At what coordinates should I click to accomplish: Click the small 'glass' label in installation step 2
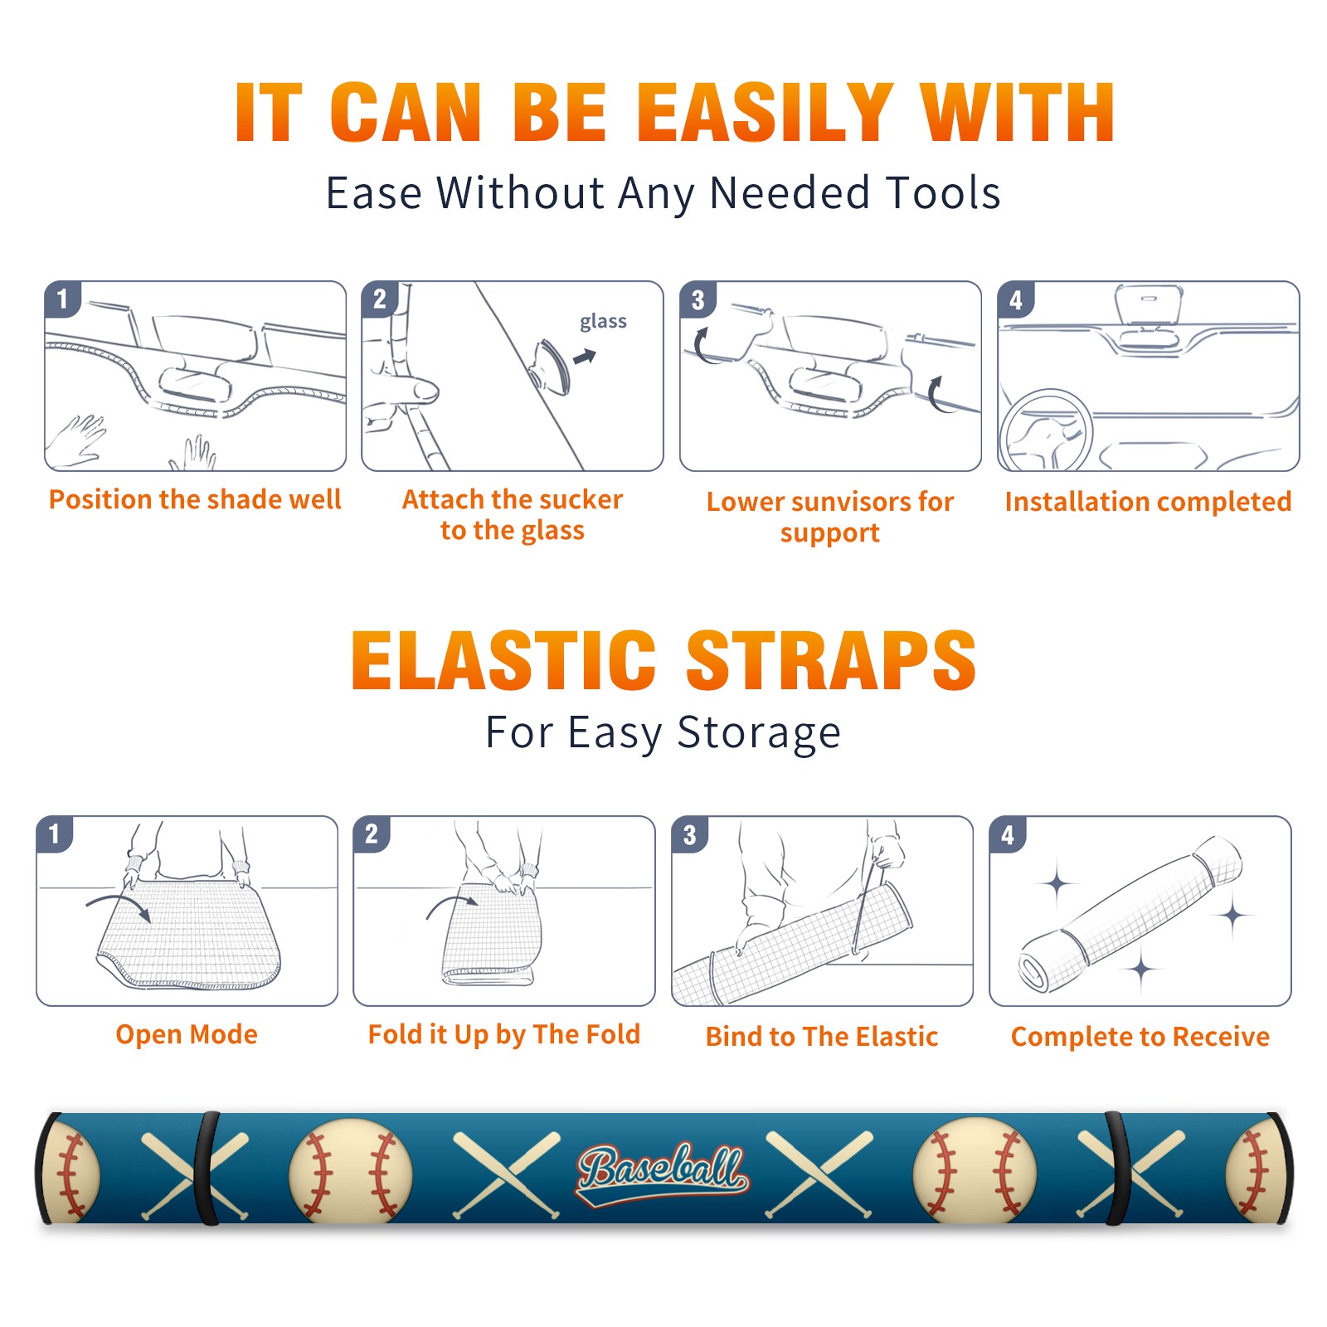pyautogui.click(x=603, y=322)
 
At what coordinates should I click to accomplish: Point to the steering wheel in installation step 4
pyautogui.click(x=1046, y=430)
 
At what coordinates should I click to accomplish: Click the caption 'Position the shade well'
pyautogui.click(x=195, y=499)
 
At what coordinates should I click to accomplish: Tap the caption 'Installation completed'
pyautogui.click(x=1148, y=502)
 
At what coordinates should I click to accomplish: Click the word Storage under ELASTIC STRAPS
pyautogui.click(x=759, y=733)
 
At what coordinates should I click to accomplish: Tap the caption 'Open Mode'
pyautogui.click(x=187, y=1034)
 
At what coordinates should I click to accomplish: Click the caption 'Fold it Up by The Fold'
pyautogui.click(x=504, y=1035)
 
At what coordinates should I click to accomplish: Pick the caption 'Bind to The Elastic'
pyautogui.click(x=822, y=1037)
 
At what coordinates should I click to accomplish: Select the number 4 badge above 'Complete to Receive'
pyautogui.click(x=1008, y=835)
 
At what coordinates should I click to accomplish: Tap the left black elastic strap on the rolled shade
pyautogui.click(x=207, y=1168)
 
